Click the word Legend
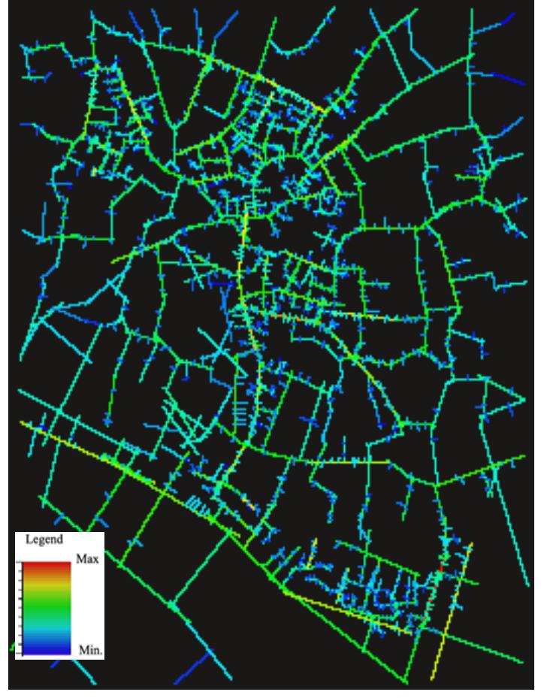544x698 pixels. (x=44, y=539)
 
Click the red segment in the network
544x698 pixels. (x=441, y=560)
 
